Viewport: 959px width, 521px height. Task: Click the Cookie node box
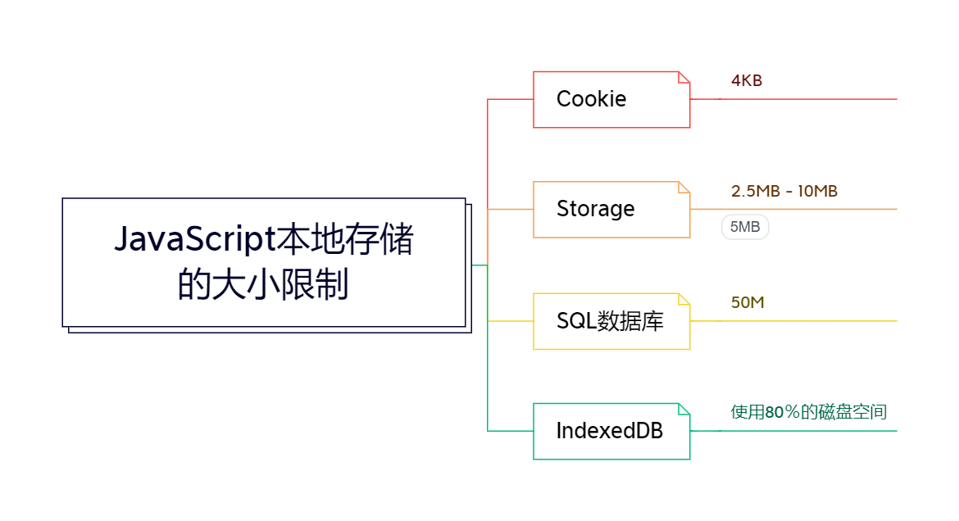coord(611,100)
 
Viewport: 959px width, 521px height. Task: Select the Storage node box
coord(611,210)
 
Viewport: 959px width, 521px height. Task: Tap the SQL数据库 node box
coord(611,322)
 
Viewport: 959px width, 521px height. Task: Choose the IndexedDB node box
coord(611,431)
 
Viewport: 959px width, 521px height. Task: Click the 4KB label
coord(747,81)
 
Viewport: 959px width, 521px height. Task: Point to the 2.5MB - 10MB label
coord(784,192)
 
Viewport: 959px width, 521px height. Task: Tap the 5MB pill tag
coord(745,227)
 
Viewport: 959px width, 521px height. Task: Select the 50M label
coord(748,303)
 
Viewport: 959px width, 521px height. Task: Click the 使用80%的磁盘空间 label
coord(808,412)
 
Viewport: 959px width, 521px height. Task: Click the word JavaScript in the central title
coord(195,239)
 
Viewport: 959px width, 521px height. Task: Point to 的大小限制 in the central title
coord(263,284)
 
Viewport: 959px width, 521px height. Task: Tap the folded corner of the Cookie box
coord(684,77)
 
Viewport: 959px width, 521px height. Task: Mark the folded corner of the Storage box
coord(684,187)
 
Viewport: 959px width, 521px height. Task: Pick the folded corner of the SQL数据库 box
coord(684,299)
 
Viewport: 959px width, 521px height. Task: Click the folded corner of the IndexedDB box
coord(684,409)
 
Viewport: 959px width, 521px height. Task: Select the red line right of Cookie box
coord(794,99)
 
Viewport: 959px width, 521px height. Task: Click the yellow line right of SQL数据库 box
coord(794,321)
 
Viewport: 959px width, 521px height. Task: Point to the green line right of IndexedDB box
coord(794,431)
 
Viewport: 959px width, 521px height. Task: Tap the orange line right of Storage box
coord(794,209)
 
